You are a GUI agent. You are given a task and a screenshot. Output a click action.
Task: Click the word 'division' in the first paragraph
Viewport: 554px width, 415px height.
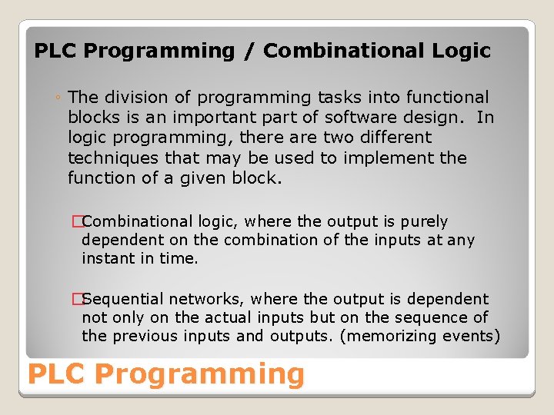(x=130, y=97)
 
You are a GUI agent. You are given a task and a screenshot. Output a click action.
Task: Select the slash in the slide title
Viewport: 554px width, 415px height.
(x=249, y=51)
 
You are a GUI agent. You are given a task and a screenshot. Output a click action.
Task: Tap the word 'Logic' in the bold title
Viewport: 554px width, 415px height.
(x=460, y=51)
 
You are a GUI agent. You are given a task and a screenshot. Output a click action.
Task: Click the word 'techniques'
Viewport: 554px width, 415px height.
(x=108, y=158)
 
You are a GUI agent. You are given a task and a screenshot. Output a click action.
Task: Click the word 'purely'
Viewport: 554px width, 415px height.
(x=424, y=222)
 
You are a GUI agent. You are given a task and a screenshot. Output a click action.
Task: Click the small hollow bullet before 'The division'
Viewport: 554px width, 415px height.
(x=58, y=98)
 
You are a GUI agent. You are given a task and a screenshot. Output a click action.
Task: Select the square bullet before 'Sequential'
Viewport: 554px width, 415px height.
(x=76, y=299)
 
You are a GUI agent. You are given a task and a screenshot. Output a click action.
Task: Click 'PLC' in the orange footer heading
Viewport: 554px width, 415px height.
(x=57, y=374)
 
